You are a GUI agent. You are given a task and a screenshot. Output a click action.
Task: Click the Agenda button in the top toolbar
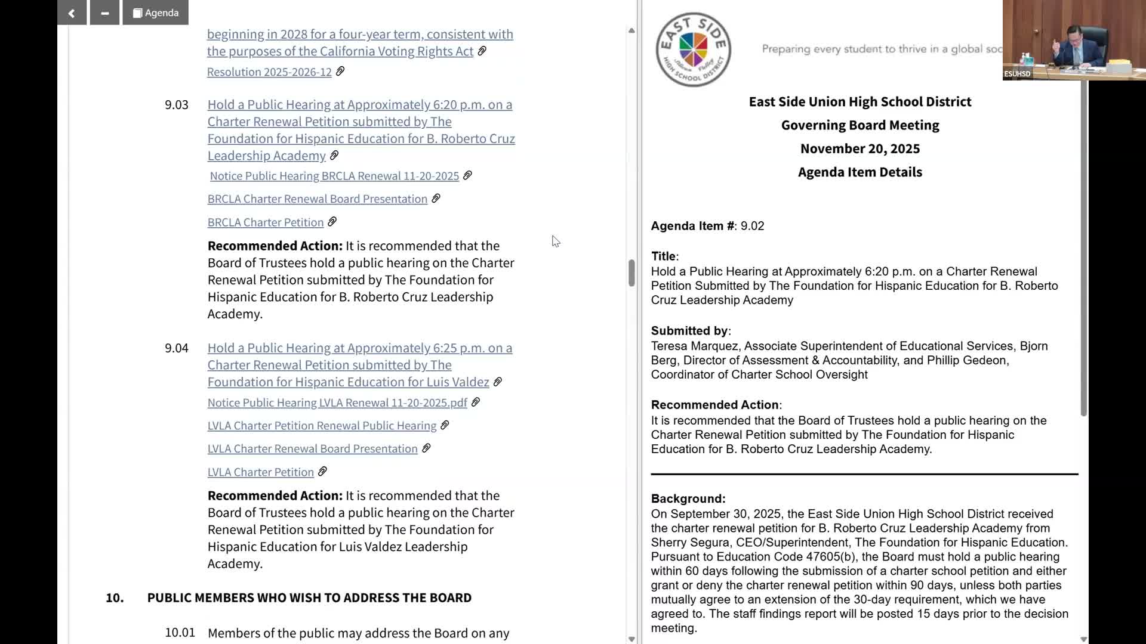tap(155, 13)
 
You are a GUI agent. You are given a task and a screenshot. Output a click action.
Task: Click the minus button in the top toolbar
tap(104, 13)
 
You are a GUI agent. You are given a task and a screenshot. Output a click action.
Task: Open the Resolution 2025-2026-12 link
tap(269, 72)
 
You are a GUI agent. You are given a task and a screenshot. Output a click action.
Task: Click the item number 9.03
tap(176, 105)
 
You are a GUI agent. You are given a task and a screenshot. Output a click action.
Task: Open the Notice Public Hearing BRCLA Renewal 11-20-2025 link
tap(334, 176)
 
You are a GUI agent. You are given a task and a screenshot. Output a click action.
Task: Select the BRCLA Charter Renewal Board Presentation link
tap(317, 199)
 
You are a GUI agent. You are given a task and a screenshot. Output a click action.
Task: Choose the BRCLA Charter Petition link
tap(265, 222)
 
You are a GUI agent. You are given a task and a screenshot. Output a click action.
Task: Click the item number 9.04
tap(176, 348)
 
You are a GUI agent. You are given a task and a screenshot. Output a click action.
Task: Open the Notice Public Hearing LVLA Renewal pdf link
tap(337, 403)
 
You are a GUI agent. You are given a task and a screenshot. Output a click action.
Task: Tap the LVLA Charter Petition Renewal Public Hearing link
tap(322, 426)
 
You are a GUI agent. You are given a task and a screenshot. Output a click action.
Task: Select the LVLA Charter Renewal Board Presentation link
tap(312, 449)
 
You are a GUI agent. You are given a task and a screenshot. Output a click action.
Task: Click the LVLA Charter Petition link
tap(260, 472)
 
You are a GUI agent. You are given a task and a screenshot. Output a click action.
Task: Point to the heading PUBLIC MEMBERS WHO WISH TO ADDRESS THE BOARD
tap(309, 598)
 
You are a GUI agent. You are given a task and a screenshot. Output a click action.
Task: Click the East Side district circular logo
tap(693, 49)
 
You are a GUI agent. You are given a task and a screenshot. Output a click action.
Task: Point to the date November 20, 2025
tap(860, 148)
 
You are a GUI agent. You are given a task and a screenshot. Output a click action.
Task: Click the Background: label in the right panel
tap(688, 499)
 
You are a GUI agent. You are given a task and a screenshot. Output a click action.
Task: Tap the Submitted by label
tap(690, 331)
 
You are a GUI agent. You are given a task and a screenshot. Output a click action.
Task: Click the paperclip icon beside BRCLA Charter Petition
tap(332, 222)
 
